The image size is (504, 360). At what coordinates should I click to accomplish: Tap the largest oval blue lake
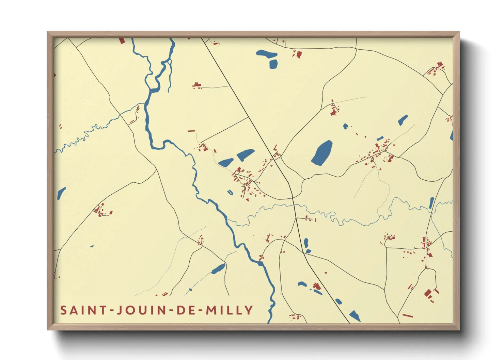322,153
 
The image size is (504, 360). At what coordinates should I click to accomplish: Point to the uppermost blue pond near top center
266,53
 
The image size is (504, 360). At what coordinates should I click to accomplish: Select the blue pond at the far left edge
61,193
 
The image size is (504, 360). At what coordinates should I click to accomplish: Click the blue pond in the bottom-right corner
355,316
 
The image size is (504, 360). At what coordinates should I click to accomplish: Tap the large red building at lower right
428,293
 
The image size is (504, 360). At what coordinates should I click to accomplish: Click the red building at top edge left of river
122,40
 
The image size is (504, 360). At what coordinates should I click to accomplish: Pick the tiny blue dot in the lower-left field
92,246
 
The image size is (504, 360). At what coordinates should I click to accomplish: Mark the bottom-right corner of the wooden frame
459,330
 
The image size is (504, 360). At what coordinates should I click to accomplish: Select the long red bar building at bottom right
408,316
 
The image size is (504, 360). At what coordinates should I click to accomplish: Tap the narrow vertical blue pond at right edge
431,203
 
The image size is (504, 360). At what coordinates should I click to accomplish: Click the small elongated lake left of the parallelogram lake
226,163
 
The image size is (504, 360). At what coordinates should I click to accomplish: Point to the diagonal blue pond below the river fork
218,269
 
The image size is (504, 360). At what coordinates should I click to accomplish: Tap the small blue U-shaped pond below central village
230,193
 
